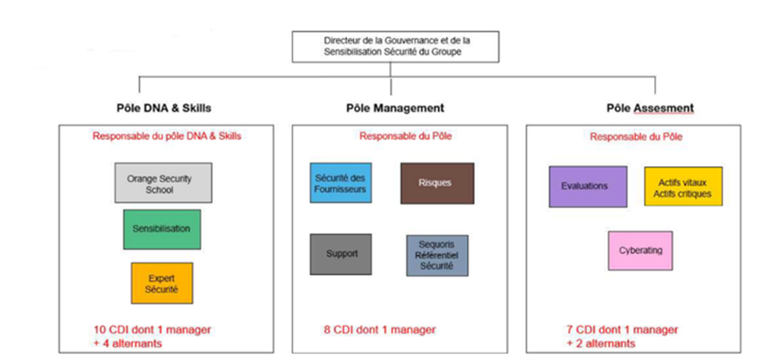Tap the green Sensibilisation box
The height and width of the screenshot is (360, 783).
tap(161, 229)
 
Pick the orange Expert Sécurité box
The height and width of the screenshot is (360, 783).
tap(161, 283)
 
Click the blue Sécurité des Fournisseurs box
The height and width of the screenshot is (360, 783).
tap(340, 183)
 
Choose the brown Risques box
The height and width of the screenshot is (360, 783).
tap(437, 183)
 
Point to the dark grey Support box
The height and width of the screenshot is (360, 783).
tap(340, 254)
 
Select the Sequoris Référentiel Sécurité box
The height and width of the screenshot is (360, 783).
tap(437, 256)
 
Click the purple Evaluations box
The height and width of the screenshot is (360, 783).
tap(587, 187)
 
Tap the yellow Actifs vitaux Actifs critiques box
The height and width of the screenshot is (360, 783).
tap(682, 188)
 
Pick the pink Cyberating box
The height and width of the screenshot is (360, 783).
tap(640, 250)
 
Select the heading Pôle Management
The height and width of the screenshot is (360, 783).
tap(394, 109)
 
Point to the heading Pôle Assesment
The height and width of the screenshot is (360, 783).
tap(649, 109)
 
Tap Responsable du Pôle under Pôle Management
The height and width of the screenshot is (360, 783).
tap(393, 136)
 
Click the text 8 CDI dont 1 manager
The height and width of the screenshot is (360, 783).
tap(378, 330)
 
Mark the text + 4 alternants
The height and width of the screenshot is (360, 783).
tap(130, 343)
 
